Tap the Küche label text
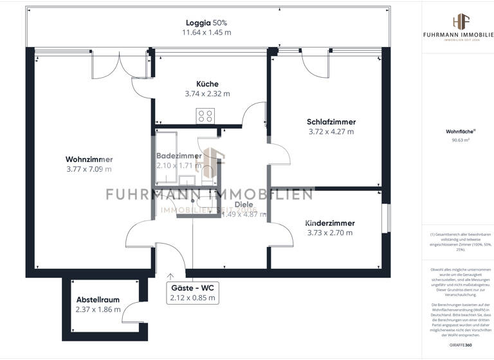tap(207, 84)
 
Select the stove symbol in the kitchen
tap(205, 116)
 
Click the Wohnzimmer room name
tap(89, 159)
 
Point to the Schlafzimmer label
tap(331, 122)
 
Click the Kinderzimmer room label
tap(331, 222)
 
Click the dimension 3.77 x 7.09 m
tap(89, 170)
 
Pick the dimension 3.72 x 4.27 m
tap(331, 132)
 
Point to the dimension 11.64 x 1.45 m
tap(206, 32)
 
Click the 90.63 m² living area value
tap(457, 138)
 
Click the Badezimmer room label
tap(179, 156)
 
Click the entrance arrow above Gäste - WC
tap(170, 274)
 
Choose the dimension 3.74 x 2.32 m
tap(207, 94)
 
